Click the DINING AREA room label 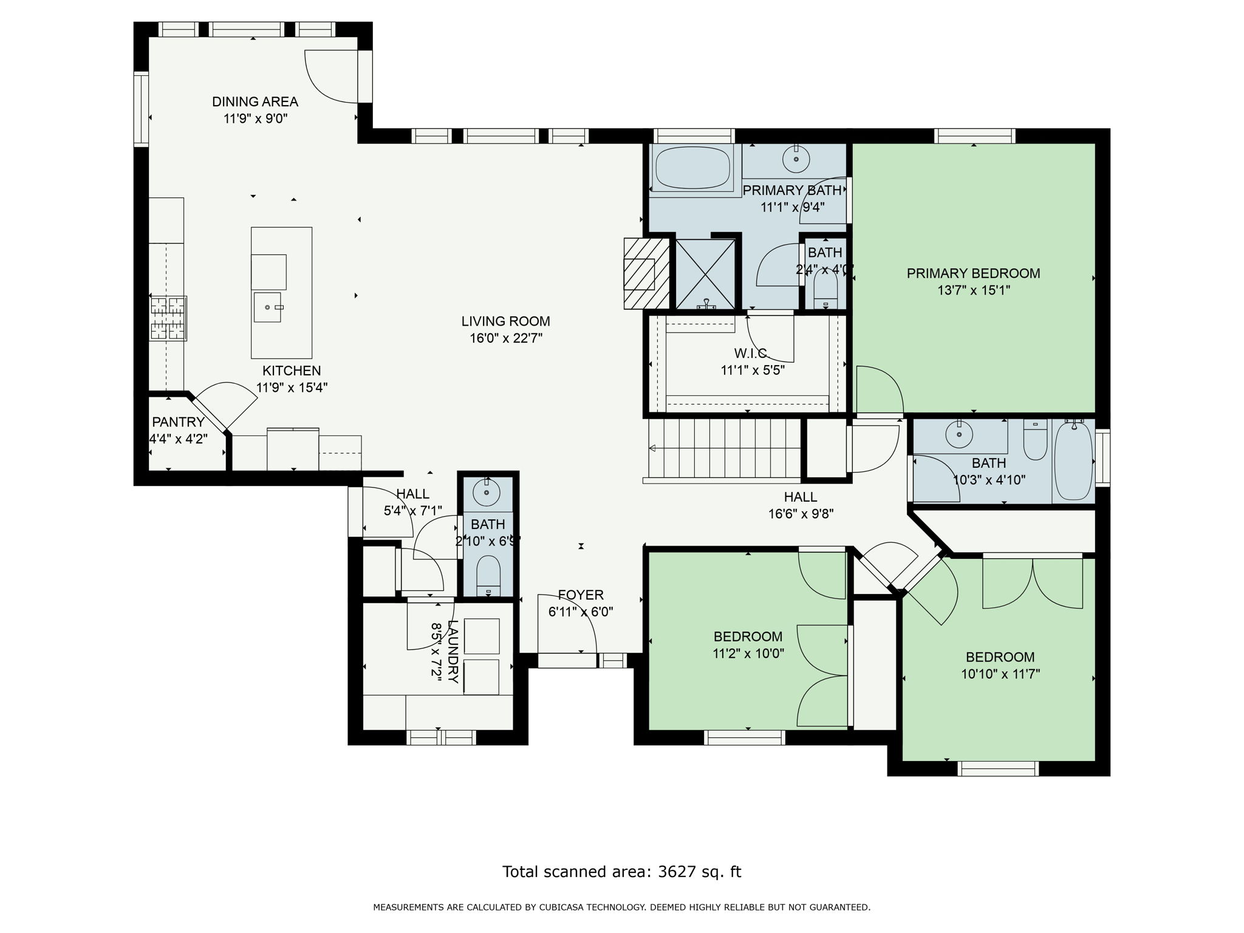[x=255, y=101]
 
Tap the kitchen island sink [x=267, y=307]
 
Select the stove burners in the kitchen [x=168, y=318]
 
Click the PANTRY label [x=177, y=422]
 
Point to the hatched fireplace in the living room [x=646, y=273]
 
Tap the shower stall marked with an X [x=705, y=274]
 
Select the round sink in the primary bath [x=795, y=160]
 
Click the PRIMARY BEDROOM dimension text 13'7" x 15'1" [x=973, y=290]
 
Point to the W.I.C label [x=750, y=353]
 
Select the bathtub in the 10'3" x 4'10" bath [x=1073, y=462]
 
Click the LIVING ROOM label [x=505, y=321]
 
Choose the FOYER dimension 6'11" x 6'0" [x=581, y=612]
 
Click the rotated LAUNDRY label [x=453, y=651]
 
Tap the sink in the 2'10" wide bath [x=487, y=492]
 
